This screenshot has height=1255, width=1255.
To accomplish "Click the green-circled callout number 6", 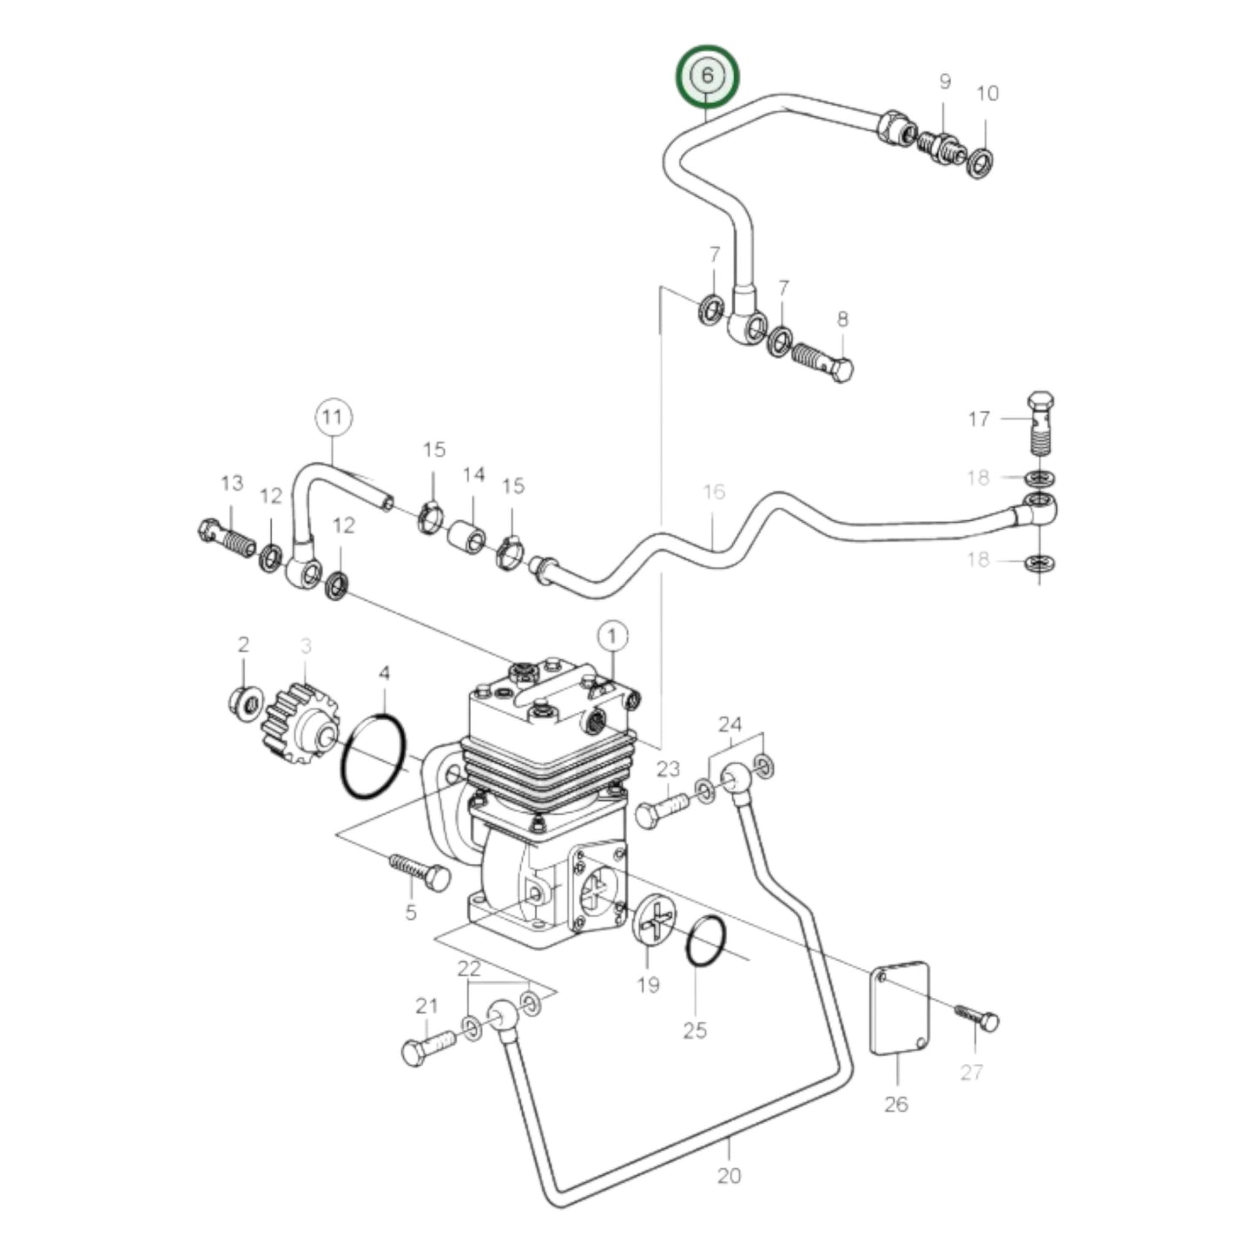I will (707, 76).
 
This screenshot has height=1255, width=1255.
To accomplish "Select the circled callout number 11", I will (333, 418).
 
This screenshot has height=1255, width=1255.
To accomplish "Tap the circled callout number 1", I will (612, 637).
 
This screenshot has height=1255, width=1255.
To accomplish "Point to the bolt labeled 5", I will (420, 872).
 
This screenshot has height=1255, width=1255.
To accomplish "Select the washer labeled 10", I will (981, 162).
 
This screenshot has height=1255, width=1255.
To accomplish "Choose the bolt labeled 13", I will (227, 538).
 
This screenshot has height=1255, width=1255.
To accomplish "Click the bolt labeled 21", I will (429, 1046).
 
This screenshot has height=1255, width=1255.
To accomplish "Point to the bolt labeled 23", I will (663, 809).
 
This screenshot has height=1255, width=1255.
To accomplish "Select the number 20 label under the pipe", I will (730, 1176).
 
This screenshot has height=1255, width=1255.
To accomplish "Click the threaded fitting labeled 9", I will (939, 143).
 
